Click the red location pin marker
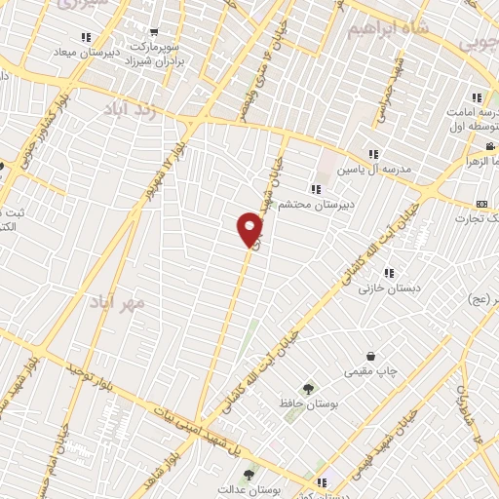[x=250, y=230]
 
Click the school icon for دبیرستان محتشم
[x=315, y=188]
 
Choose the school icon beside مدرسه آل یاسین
[x=373, y=154]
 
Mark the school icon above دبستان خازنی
[x=389, y=272]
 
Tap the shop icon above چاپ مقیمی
[x=370, y=357]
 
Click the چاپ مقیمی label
[x=368, y=372]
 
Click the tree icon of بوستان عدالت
[x=248, y=476]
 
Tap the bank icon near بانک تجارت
[x=481, y=204]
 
